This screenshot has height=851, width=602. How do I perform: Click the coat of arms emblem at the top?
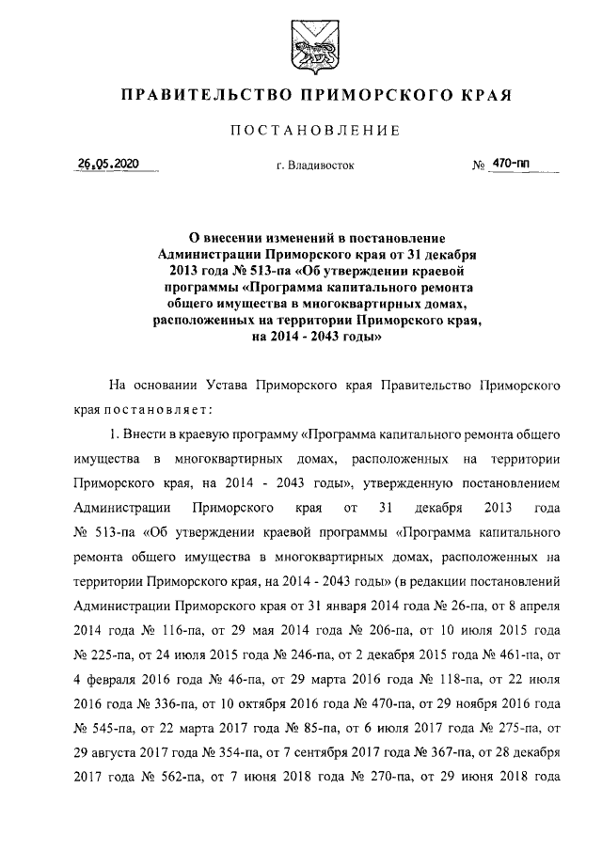pyautogui.click(x=301, y=49)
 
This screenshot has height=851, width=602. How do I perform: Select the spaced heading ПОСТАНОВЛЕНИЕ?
pyautogui.click(x=301, y=131)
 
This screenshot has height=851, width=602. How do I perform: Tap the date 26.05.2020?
pyautogui.click(x=108, y=164)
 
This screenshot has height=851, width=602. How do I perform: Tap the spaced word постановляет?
pyautogui.click(x=160, y=409)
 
